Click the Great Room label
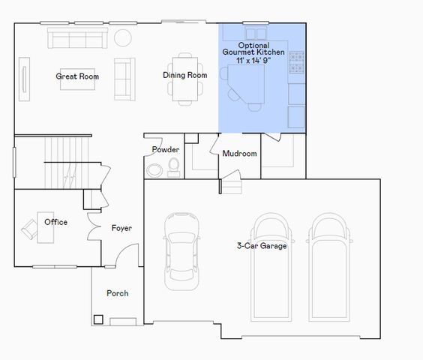tap(77, 76)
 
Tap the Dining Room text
tap(185, 75)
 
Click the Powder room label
tap(165, 149)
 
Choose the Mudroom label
tap(239, 154)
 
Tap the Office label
tap(55, 222)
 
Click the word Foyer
tap(122, 228)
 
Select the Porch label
tap(117, 293)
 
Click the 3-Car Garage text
tap(262, 245)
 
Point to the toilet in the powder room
tap(174, 166)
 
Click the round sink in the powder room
tap(154, 169)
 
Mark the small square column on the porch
tap(98, 319)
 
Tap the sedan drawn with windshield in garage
tap(181, 247)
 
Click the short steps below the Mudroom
tap(232, 181)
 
